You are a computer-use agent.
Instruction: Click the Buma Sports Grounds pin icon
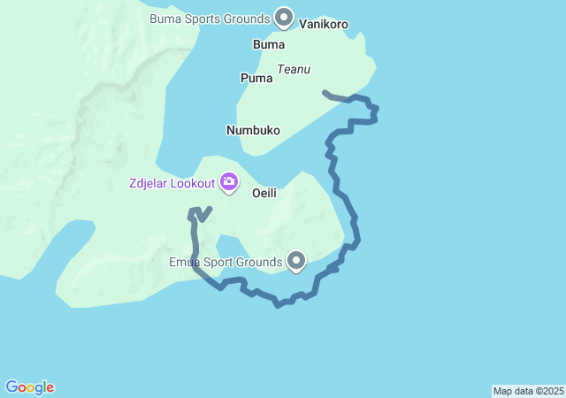[x=284, y=17]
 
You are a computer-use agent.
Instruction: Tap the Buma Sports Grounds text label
[x=209, y=18]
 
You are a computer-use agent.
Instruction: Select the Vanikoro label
[x=323, y=24]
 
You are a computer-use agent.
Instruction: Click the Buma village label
[x=269, y=44]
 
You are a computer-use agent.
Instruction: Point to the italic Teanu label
[x=294, y=69]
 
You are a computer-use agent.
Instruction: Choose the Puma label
[x=256, y=78]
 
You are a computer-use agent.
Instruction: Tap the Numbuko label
[x=253, y=130]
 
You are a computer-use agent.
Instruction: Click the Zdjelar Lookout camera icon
[x=230, y=182]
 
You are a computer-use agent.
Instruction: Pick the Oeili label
[x=266, y=191]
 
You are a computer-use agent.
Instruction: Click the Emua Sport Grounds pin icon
[x=296, y=261]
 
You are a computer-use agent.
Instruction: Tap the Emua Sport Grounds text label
[x=226, y=262]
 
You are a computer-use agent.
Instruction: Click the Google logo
[x=30, y=387]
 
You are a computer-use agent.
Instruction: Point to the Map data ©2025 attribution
[x=528, y=391]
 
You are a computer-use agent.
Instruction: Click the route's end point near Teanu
[x=325, y=92]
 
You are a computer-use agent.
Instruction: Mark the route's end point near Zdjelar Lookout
[x=209, y=210]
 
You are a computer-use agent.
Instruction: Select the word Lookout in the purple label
[x=192, y=183]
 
